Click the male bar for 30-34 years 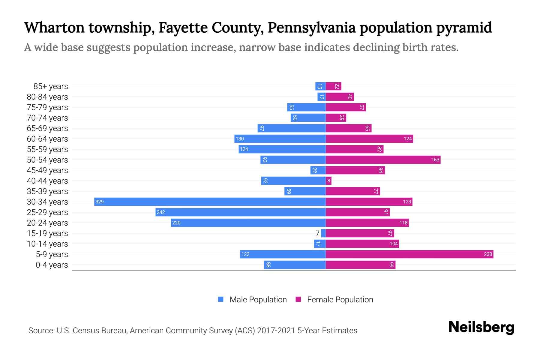[210, 202]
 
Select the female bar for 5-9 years [409, 254]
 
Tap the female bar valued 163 [383, 160]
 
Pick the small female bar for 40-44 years [329, 181]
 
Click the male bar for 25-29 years [241, 212]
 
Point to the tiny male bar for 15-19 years [323, 233]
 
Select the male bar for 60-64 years [280, 139]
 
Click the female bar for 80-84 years [340, 97]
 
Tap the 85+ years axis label [51, 86]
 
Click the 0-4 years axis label [52, 265]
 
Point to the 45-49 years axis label [47, 170]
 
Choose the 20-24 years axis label [47, 223]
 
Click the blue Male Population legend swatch [221, 299]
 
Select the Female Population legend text [340, 300]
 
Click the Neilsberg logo [481, 327]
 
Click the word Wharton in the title [54, 28]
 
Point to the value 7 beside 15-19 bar [317, 233]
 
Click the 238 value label [488, 254]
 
